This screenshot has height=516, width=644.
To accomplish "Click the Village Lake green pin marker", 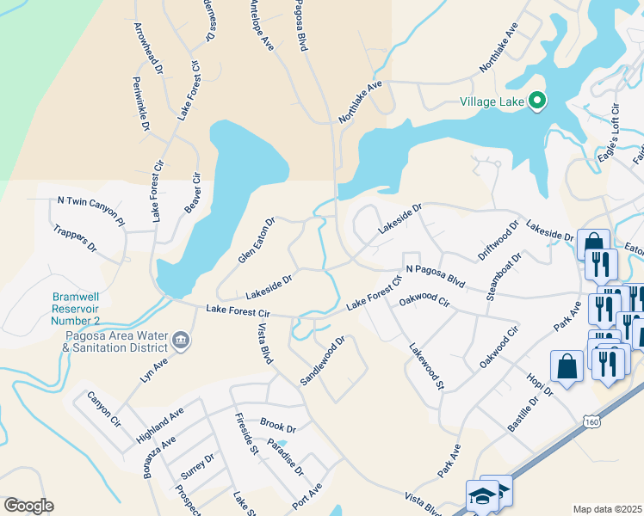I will pos(538,102).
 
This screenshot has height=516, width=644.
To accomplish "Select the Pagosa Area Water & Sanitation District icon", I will pos(182,341).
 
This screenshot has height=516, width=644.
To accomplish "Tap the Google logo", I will pos(28,505).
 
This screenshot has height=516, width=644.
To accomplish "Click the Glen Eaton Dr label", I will pos(256,241).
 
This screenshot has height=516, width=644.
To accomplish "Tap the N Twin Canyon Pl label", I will pos(90,206).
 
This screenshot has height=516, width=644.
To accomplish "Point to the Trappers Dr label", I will pos(76,238).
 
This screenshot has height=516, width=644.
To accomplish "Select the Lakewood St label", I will pos(425,367).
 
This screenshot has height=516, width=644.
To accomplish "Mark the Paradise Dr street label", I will pos(285,456).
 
